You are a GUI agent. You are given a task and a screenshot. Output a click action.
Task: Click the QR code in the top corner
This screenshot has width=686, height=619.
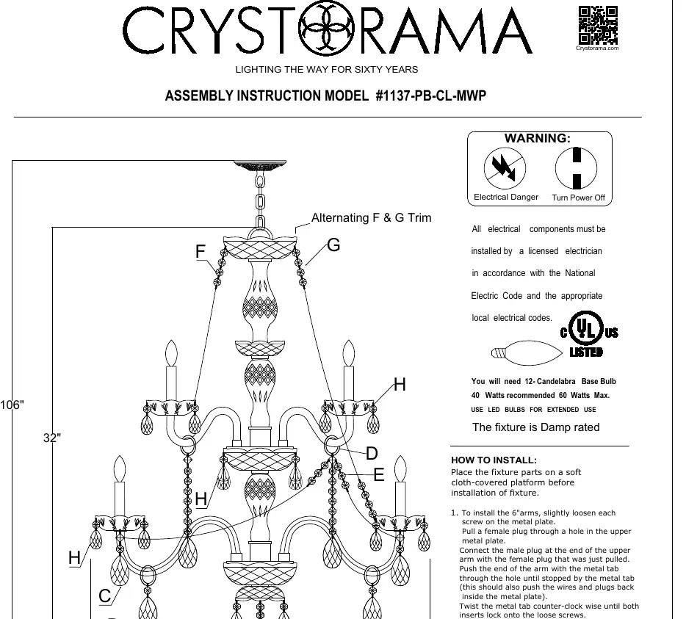(x=598, y=26)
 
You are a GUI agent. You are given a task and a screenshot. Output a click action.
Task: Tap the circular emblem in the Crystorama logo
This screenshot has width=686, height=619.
(x=326, y=29)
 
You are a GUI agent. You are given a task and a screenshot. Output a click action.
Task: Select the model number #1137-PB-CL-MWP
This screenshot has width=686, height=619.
(x=431, y=95)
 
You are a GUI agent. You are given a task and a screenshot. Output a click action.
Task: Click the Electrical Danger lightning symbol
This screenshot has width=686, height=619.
(x=505, y=168)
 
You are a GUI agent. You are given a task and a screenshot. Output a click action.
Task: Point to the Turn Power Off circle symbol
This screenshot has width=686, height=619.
(x=576, y=168)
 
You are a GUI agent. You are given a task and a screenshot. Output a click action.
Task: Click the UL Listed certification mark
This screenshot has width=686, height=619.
(x=588, y=333)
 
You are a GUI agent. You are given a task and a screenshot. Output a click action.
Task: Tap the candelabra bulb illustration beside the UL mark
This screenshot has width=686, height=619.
(x=527, y=352)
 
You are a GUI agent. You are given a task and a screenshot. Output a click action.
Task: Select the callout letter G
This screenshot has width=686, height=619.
(x=333, y=245)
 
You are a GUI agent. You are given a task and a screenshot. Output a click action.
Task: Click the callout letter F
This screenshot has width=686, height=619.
(x=201, y=252)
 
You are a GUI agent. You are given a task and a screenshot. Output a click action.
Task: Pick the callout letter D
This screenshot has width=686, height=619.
(x=372, y=453)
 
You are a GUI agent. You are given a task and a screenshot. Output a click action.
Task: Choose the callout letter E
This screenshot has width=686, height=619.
(x=379, y=474)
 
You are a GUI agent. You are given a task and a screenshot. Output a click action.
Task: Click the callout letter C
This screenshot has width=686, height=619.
(x=104, y=596)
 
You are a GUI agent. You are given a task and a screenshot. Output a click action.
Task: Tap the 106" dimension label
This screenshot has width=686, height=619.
(x=12, y=405)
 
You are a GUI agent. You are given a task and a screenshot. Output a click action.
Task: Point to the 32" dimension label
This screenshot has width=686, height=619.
(x=52, y=438)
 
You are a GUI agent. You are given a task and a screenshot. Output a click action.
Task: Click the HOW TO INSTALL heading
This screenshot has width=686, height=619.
(x=494, y=460)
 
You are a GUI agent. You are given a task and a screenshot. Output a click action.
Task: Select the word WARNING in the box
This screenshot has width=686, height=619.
(x=537, y=138)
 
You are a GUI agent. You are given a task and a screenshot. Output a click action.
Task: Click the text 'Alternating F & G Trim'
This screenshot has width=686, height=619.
(x=371, y=217)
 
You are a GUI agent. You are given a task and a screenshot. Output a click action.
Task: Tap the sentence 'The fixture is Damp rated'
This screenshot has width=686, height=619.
(x=536, y=427)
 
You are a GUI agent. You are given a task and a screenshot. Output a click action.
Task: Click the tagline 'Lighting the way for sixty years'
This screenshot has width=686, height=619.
(x=327, y=70)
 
